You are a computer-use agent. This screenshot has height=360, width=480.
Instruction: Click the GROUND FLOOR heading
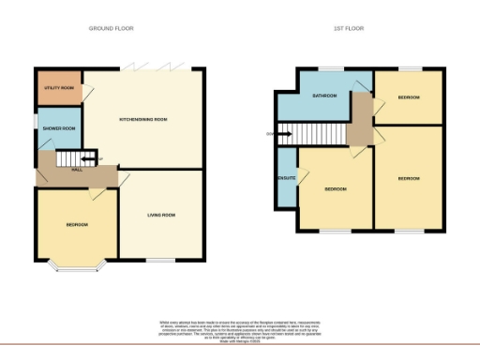pos(112,29)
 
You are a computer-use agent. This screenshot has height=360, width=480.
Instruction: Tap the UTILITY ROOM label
pos(57,88)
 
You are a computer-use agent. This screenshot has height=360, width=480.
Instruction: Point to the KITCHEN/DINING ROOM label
pos(142,119)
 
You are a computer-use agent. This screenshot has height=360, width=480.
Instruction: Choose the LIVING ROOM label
pos(162,217)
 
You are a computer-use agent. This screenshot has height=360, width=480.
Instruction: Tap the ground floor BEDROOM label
pos(77,225)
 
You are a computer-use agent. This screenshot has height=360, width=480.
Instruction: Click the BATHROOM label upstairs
pos(324,96)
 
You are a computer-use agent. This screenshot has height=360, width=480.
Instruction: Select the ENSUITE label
pos(285,178)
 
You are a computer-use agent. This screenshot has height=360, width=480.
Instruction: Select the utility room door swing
pos(91,90)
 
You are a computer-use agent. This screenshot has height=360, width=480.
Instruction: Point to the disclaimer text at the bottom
pos(241,328)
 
